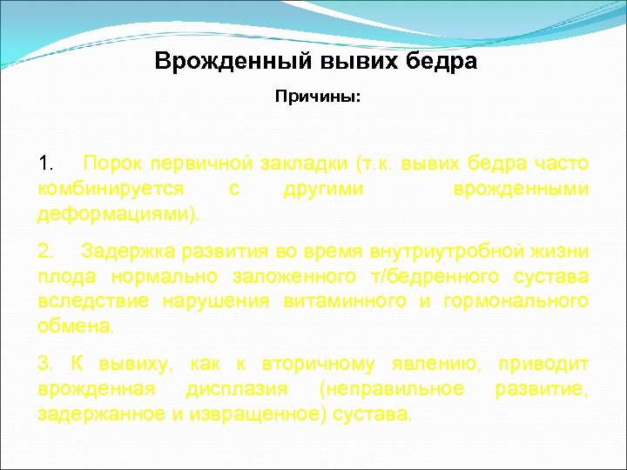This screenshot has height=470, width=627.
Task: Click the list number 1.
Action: click(x=46, y=164)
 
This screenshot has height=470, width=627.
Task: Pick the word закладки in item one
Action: click(x=307, y=164)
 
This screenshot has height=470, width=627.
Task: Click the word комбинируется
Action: click(x=111, y=189)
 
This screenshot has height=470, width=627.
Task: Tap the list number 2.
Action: click(x=46, y=252)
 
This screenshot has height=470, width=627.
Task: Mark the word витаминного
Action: click(x=340, y=301)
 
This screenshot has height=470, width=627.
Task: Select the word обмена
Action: click(x=75, y=326)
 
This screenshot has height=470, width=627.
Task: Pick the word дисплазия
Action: click(x=237, y=388)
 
